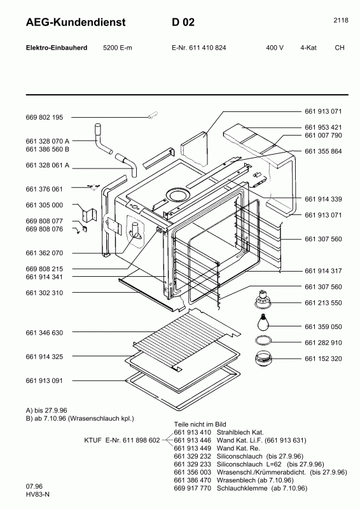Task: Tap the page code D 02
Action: pos(183,23)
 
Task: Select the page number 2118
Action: pos(340,20)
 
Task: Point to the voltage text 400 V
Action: pos(275,48)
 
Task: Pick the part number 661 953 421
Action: pos(323,127)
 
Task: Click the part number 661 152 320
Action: pos(323,359)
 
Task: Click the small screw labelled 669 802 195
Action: pos(153,115)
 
